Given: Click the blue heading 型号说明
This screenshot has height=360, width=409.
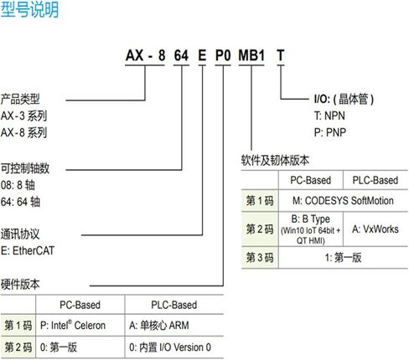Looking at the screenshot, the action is pyautogui.click(x=29, y=10).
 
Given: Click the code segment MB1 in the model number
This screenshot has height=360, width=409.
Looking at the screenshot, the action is pyautogui.click(x=251, y=55).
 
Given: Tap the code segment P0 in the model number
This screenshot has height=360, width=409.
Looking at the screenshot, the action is pyautogui.click(x=223, y=55).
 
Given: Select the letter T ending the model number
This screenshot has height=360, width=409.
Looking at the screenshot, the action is pyautogui.click(x=281, y=55).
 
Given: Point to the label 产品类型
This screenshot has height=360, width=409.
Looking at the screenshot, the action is pyautogui.click(x=20, y=99).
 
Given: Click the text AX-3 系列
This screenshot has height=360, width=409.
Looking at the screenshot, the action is pyautogui.click(x=23, y=116).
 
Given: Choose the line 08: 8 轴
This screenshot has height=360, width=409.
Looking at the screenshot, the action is pyautogui.click(x=18, y=185).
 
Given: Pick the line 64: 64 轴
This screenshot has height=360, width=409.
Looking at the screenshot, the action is pyautogui.click(x=20, y=202).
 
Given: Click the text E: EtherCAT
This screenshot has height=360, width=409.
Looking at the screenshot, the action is pyautogui.click(x=28, y=250).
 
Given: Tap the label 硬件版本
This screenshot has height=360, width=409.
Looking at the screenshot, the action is pyautogui.click(x=20, y=285).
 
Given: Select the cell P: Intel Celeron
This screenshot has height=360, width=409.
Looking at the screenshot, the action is pyautogui.click(x=73, y=325).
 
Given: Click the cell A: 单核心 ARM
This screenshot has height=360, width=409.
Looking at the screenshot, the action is pyautogui.click(x=159, y=325).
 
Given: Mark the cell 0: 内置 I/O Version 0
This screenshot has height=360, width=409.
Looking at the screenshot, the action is pyautogui.click(x=170, y=347).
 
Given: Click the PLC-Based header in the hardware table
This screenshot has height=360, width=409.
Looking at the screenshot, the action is pyautogui.click(x=173, y=305).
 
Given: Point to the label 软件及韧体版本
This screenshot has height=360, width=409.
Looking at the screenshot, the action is pyautogui.click(x=275, y=161).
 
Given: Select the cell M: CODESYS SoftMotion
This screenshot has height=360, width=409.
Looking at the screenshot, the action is pyautogui.click(x=343, y=201).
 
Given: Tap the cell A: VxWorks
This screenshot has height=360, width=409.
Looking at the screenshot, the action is pyautogui.click(x=375, y=229).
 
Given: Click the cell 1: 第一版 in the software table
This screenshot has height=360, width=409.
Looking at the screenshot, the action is pyautogui.click(x=343, y=257).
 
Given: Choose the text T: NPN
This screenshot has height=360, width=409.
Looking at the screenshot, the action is pyautogui.click(x=329, y=116).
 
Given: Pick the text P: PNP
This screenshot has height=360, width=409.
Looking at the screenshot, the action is pyautogui.click(x=330, y=132).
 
